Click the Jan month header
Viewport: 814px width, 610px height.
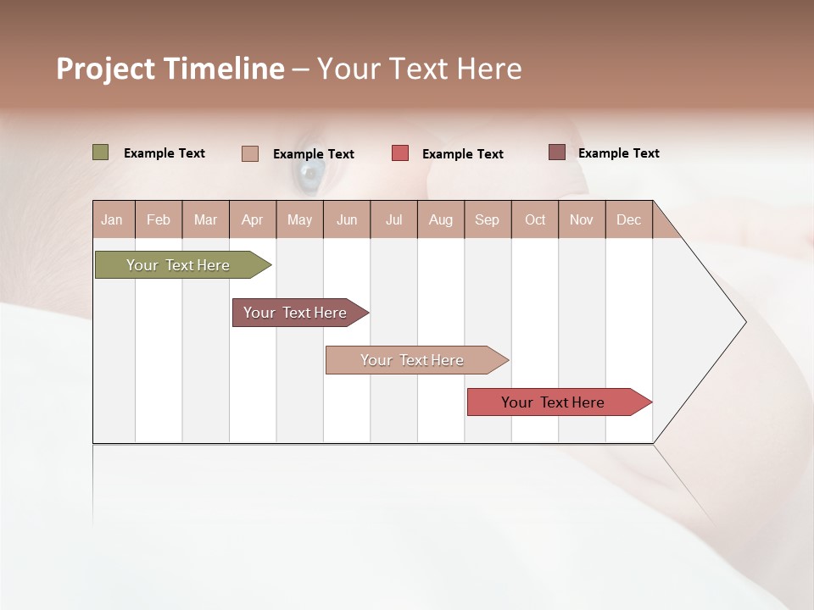click(113, 219)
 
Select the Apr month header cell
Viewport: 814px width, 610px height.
click(253, 219)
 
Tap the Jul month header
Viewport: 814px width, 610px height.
click(393, 219)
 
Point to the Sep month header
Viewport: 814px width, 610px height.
click(488, 219)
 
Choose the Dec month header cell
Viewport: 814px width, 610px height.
click(628, 219)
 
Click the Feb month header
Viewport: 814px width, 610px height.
click(159, 219)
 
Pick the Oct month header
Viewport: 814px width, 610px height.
click(535, 219)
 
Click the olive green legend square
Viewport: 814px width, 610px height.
click(101, 152)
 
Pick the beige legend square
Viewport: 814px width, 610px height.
click(250, 153)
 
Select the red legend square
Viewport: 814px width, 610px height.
click(400, 153)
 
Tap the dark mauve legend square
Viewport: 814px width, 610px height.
click(557, 152)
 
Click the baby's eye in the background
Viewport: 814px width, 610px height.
click(309, 175)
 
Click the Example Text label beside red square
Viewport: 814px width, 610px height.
click(462, 154)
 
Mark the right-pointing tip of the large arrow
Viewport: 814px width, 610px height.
click(744, 322)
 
